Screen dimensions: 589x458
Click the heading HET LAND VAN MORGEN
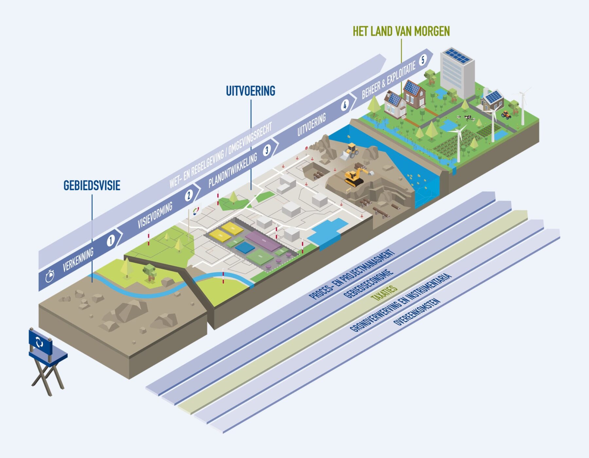401,31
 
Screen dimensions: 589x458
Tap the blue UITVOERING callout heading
251,91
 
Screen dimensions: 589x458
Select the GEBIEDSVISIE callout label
92,185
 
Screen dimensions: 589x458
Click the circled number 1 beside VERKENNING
111,241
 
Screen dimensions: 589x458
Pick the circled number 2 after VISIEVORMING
188,196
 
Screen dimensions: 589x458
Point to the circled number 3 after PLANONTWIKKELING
267,150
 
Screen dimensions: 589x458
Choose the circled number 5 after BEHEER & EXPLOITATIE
423,60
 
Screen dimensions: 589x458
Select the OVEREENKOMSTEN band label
417,312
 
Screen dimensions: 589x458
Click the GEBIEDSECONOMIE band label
368,284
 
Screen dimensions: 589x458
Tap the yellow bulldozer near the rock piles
350,151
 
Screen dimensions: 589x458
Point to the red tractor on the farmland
506,115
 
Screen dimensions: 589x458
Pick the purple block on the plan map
263,241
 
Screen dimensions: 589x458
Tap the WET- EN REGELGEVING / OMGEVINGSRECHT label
221,156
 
